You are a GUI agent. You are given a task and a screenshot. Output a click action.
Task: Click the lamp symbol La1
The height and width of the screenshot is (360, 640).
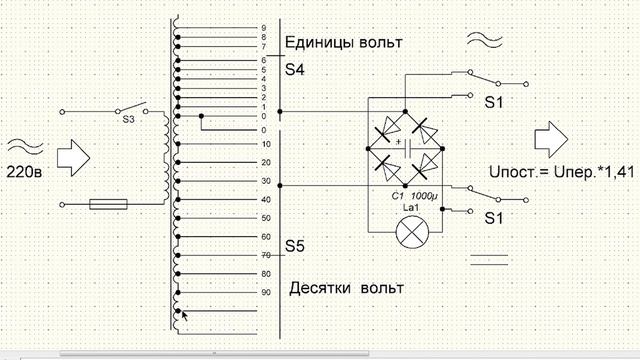pos(407,233)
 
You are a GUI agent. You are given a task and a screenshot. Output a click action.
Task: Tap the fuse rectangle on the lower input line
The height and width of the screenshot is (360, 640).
pos(108,204)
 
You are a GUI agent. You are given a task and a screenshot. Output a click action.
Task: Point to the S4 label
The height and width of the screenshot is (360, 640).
pos(295,70)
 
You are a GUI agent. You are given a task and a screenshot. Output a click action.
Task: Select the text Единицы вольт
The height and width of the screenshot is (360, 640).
pos(343,43)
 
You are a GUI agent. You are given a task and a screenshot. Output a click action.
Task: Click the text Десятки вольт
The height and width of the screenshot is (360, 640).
pos(346,288)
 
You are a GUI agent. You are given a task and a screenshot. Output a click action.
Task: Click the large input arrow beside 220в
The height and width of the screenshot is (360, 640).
pos(71,156)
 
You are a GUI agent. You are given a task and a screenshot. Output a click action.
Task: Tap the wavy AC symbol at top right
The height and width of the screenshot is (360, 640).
pos(488,42)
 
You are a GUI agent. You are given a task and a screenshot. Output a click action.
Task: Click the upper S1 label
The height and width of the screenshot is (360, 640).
pos(495,103)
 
